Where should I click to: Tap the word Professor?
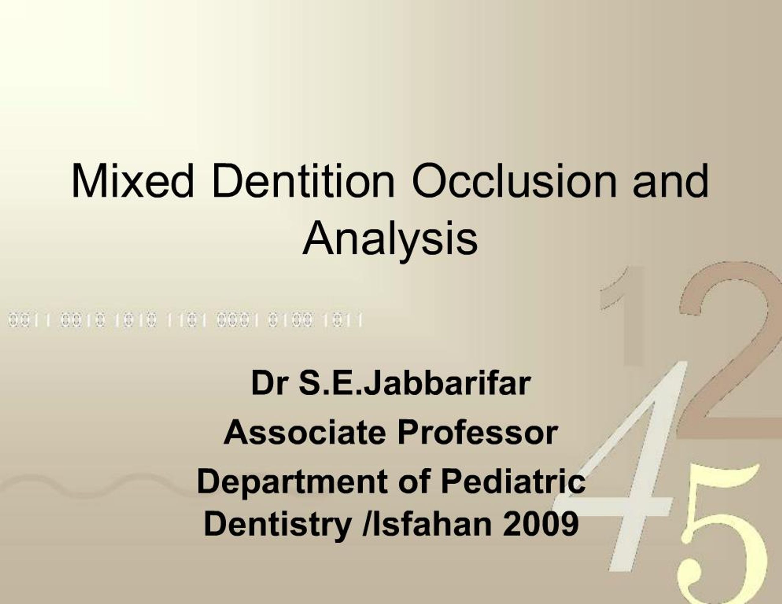point(478,432)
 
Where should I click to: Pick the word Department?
point(292,482)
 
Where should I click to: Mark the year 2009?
point(540,523)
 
